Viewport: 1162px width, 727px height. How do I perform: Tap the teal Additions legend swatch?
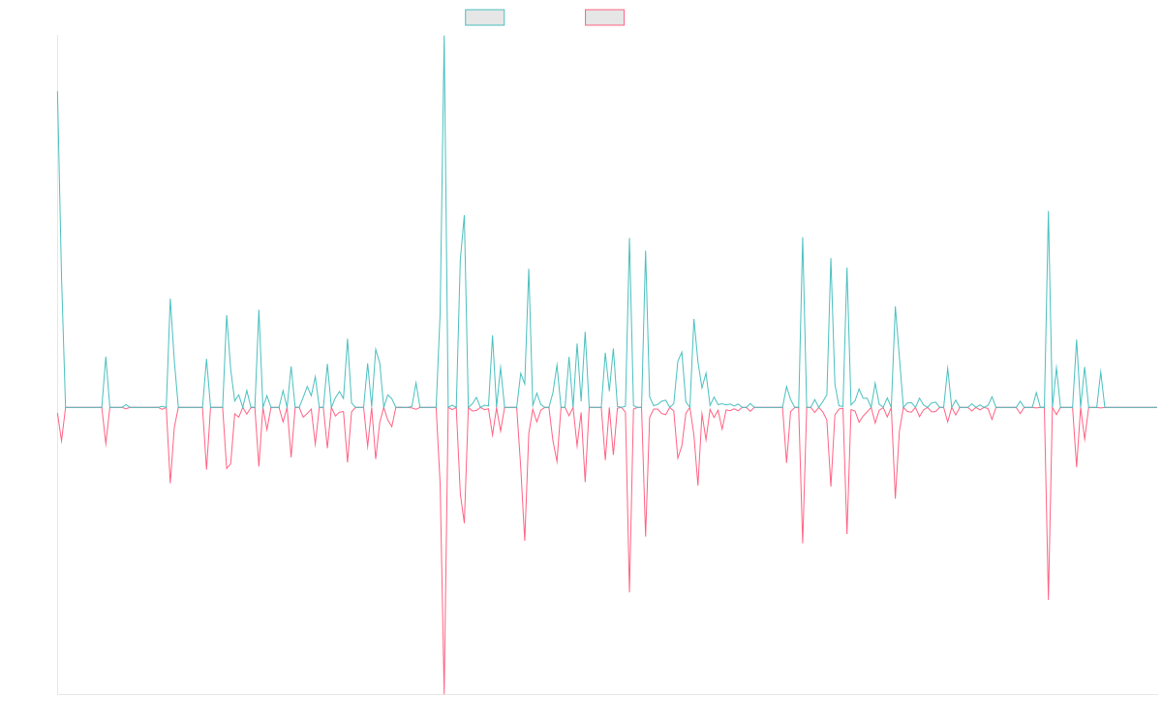point(485,17)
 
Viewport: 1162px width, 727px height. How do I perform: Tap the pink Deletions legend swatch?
point(605,17)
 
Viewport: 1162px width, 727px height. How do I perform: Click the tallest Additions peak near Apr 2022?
point(443,37)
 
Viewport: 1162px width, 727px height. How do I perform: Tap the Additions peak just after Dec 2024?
point(1049,211)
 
